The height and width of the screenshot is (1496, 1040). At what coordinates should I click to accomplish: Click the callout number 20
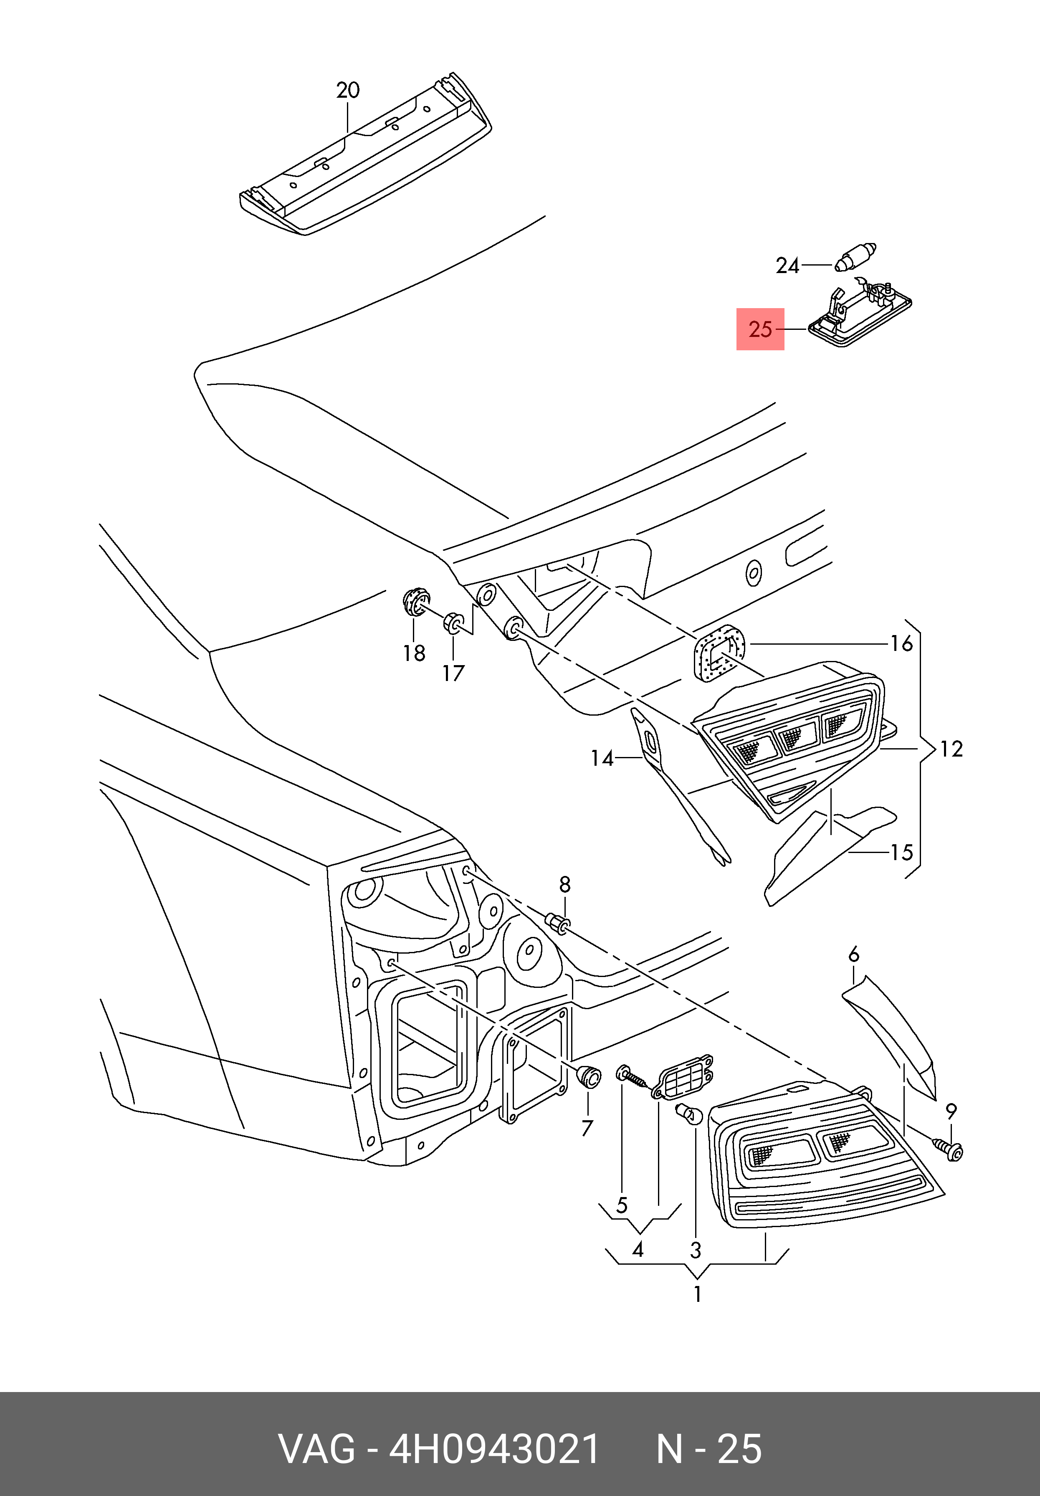pos(348,90)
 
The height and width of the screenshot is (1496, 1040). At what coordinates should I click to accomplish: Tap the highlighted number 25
pos(760,330)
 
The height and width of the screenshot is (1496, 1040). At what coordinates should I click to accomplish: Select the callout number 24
pos(787,266)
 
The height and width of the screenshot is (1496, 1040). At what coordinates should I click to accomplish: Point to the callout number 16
pos(902,644)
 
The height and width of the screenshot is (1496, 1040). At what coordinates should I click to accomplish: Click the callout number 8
pos(564,884)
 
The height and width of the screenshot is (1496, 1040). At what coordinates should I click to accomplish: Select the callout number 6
pos(854,954)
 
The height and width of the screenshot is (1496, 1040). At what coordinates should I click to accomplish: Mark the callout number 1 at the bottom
pos(697,1293)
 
